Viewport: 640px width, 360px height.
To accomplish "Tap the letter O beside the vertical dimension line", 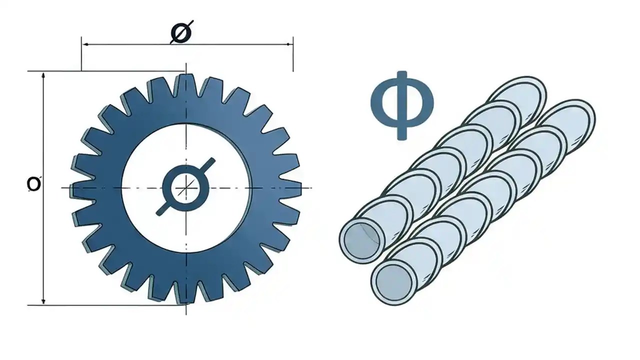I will [33, 184].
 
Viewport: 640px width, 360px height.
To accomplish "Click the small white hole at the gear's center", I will [185, 188].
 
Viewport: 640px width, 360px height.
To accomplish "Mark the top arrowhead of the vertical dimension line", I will [44, 75].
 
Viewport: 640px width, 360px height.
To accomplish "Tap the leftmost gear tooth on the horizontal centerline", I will [77, 188].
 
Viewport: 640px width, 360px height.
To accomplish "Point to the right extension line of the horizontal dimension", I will [293, 55].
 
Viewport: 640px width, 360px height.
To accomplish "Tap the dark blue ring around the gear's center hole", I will [168, 188].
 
